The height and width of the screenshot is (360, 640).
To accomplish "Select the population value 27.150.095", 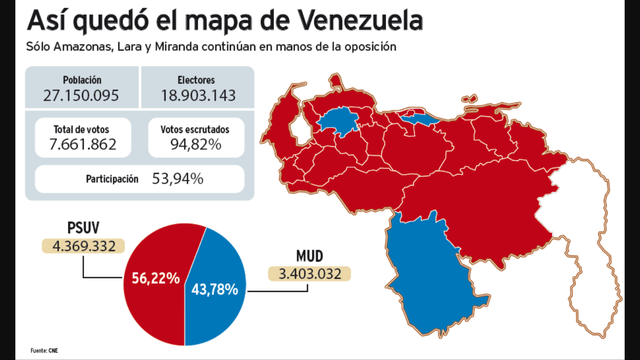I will click(x=81, y=96).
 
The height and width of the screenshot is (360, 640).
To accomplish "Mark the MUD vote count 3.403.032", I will click(x=305, y=272).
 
